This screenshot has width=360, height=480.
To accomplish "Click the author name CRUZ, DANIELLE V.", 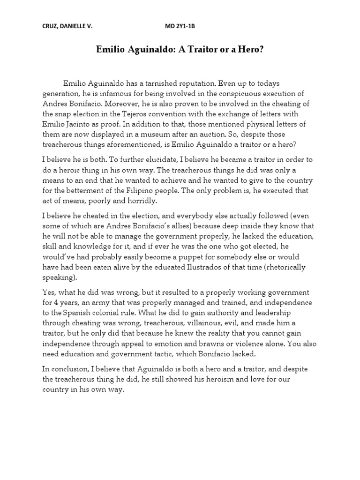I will (x=67, y=27).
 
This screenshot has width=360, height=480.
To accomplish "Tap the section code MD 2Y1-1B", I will (x=180, y=27).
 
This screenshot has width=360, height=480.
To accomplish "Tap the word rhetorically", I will (x=284, y=268).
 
